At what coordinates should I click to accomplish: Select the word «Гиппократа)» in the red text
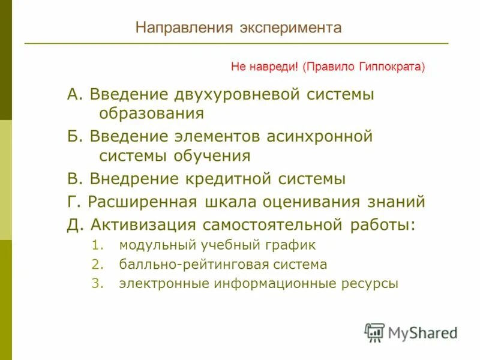(x=394, y=67)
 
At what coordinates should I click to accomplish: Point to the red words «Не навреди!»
(x=265, y=67)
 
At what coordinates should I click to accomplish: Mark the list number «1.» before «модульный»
(x=98, y=245)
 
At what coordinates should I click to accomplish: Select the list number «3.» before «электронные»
(x=98, y=284)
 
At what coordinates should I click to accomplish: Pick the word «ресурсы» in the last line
(x=373, y=284)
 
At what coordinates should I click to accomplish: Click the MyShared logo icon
(x=374, y=332)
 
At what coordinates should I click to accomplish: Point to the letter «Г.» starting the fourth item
(x=74, y=202)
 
